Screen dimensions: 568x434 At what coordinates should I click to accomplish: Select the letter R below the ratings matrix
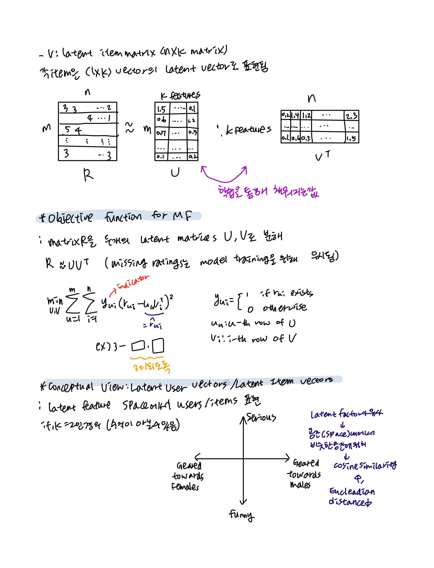(88, 175)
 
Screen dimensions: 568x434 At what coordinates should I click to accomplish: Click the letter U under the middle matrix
(175, 172)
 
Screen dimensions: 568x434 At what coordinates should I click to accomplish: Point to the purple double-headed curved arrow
(224, 176)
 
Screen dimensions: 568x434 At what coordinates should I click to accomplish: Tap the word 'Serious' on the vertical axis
(261, 417)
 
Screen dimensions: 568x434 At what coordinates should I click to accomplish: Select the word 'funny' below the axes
(241, 515)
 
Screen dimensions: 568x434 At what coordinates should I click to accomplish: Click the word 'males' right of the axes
(300, 484)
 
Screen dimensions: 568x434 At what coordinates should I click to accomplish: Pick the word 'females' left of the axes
(185, 487)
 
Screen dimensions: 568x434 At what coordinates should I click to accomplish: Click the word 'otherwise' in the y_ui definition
(285, 307)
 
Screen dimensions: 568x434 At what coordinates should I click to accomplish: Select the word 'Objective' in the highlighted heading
(70, 218)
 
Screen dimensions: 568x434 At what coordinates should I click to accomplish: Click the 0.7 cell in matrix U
(161, 133)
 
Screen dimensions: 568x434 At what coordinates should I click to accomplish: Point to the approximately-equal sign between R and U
(129, 128)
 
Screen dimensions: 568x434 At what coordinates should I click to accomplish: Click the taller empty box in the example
(158, 346)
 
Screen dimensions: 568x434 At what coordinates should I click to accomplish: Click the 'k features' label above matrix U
(180, 95)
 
